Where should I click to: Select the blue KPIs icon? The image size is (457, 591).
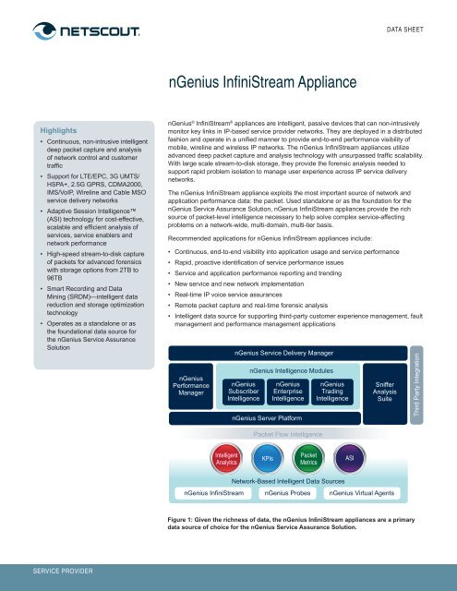point(267,458)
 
